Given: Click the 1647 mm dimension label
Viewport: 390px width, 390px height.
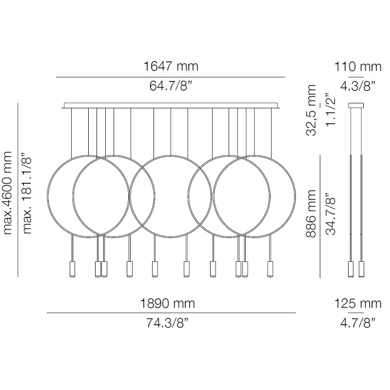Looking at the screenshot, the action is [x=171, y=66].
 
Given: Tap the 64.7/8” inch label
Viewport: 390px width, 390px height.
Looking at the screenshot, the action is [x=171, y=86].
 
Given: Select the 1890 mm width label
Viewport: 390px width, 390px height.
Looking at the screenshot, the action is [x=167, y=303].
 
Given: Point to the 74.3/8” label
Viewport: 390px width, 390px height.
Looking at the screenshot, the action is [x=167, y=323].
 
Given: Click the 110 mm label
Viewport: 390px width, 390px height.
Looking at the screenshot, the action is [x=358, y=67].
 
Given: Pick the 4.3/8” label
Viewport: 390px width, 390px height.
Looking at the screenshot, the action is [x=358, y=86].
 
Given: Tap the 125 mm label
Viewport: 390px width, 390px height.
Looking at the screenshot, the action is [x=358, y=303].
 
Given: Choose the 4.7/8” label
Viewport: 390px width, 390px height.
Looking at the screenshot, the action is [x=358, y=323].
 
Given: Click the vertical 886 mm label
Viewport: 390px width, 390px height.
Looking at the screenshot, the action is [x=311, y=214].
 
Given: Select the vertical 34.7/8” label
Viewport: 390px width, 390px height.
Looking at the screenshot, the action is [x=331, y=214].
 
